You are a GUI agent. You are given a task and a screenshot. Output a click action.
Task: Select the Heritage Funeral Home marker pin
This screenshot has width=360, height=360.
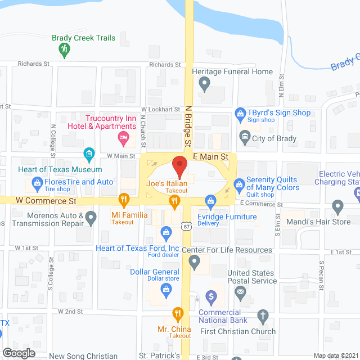click(205, 84)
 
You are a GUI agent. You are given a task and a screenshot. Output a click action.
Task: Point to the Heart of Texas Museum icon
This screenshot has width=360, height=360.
click(89, 153)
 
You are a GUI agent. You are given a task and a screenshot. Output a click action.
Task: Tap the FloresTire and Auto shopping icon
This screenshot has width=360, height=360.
click(37, 182)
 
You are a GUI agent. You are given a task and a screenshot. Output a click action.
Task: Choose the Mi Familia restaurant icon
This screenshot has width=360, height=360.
click(123, 199)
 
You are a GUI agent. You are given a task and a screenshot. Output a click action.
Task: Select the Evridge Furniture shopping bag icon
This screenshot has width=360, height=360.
click(210, 200)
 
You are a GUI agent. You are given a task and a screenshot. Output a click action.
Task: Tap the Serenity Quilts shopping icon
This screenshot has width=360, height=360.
click(238, 183)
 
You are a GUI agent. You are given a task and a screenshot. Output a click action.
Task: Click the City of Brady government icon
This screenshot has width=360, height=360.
click(245, 136)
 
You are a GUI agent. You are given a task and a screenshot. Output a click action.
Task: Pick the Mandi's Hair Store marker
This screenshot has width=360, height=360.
click(337, 206)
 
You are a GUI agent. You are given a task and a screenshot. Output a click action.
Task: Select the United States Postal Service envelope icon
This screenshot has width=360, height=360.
click(241, 291)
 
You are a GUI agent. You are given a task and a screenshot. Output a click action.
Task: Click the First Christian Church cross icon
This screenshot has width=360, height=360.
click(262, 316)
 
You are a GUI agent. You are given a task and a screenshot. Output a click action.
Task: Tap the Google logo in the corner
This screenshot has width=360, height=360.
click(19, 353)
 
